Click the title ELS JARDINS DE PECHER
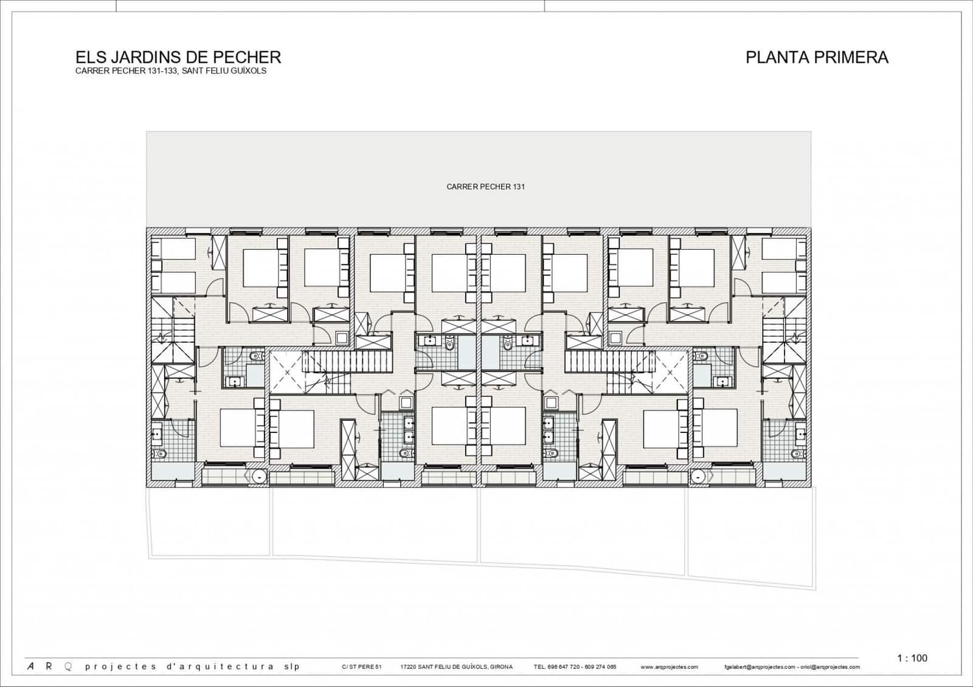click(x=178, y=57)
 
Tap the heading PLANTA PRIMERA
click(x=817, y=57)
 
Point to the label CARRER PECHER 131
click(x=485, y=187)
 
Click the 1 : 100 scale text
click(x=912, y=658)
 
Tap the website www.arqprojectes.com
click(x=669, y=667)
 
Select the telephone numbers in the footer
click(x=575, y=667)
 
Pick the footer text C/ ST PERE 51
click(x=362, y=667)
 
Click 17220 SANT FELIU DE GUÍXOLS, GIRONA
click(x=457, y=667)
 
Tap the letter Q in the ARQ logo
click(x=68, y=666)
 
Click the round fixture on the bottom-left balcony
click(x=260, y=477)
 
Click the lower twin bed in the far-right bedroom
click(x=784, y=283)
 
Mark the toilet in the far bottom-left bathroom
click(x=161, y=453)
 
